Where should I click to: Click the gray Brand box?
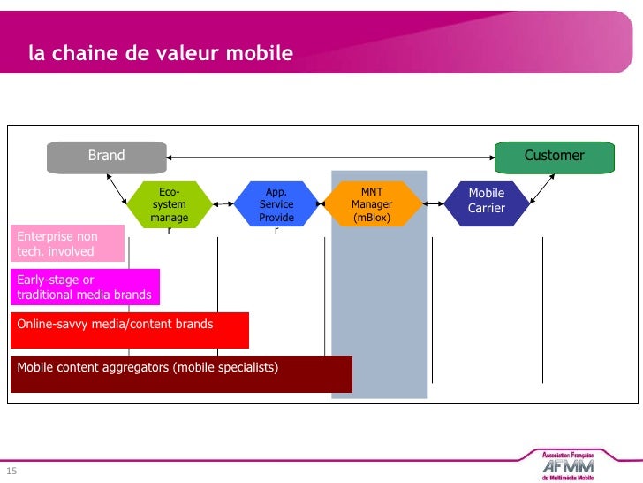(x=107, y=156)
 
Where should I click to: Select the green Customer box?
(x=554, y=156)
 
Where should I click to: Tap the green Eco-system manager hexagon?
(x=169, y=204)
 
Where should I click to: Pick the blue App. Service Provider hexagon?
(x=276, y=204)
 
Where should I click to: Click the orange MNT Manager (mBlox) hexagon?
(x=372, y=204)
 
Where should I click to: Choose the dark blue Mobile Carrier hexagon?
(x=486, y=201)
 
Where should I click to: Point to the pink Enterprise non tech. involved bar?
(x=67, y=244)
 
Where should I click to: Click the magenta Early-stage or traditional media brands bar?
(x=85, y=287)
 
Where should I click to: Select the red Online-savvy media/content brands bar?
(x=129, y=329)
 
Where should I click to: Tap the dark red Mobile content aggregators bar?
(x=181, y=373)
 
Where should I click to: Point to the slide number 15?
(x=11, y=471)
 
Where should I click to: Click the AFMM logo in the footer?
(x=567, y=465)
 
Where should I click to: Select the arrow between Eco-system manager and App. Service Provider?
(x=223, y=203)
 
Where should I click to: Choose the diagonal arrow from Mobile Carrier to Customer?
(x=542, y=187)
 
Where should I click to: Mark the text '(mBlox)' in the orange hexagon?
(x=372, y=218)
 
